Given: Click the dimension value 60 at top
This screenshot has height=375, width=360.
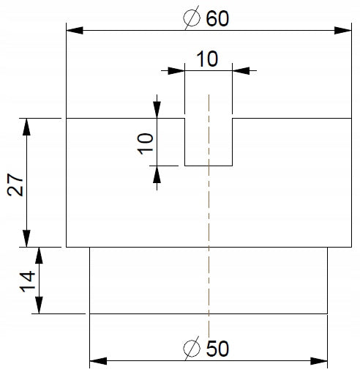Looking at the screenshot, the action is [217, 18].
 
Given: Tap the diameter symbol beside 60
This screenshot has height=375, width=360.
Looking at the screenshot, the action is [192, 18].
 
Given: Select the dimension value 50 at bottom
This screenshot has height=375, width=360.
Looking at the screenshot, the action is [217, 349].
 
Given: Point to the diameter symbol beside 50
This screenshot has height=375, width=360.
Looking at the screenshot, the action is [192, 348].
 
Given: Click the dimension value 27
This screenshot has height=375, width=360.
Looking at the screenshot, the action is [15, 185].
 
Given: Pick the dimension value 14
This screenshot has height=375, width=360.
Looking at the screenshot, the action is [27, 281].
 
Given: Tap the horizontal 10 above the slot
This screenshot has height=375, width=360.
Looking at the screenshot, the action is [207, 59].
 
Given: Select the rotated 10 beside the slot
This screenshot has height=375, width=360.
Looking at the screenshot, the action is [146, 144].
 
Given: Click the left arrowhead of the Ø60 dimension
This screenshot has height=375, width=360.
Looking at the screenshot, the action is [75, 31].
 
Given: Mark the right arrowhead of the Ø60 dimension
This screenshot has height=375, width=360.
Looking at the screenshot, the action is [343, 31].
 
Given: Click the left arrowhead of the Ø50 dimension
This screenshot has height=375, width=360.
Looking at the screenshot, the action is [98, 361].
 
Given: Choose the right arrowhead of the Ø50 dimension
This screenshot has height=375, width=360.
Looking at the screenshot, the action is [319, 361].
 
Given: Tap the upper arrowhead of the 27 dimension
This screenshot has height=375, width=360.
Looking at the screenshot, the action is [26, 127].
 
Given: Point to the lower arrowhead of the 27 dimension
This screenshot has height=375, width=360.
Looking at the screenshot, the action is [26, 239].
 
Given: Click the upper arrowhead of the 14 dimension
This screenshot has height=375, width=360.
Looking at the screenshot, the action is [39, 256].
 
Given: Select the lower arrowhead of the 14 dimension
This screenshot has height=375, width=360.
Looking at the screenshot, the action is [39, 305].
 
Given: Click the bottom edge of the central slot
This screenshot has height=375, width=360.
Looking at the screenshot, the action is [209, 166].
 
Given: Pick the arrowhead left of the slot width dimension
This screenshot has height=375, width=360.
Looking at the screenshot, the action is [176, 71].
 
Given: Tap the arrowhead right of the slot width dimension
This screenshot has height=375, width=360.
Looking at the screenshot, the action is [241, 71].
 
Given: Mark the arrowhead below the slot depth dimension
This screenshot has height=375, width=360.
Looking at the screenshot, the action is [157, 174].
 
